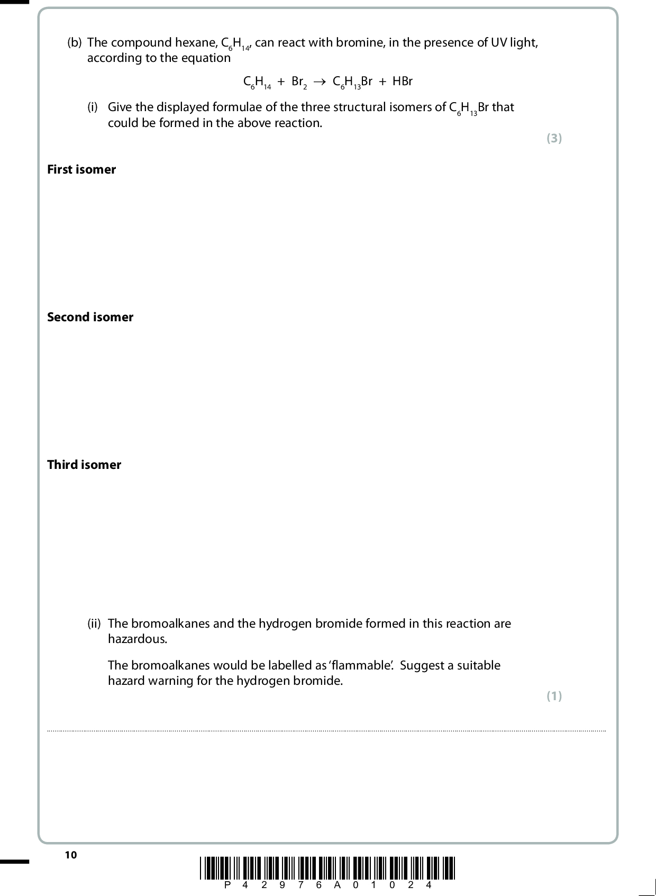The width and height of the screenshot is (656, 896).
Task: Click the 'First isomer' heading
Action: click(x=81, y=169)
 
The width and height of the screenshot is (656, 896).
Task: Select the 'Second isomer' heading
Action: click(x=90, y=317)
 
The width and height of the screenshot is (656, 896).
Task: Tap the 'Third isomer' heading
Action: click(x=84, y=465)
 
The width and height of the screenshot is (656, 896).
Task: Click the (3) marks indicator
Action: click(x=554, y=138)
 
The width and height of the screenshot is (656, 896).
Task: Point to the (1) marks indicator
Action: click(x=554, y=696)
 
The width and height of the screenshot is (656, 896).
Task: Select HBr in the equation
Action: click(x=402, y=82)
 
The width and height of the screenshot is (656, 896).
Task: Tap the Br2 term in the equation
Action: click(x=298, y=82)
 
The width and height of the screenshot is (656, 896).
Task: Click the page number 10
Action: click(x=70, y=855)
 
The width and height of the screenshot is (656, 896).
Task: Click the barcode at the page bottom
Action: click(x=327, y=867)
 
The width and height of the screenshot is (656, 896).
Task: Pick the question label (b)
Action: click(x=74, y=42)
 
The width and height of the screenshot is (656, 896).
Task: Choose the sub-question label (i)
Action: click(x=93, y=107)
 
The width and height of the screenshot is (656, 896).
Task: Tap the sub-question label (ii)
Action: click(x=94, y=623)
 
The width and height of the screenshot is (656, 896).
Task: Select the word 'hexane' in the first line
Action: click(x=196, y=42)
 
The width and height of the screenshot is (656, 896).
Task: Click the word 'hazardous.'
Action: click(x=138, y=639)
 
